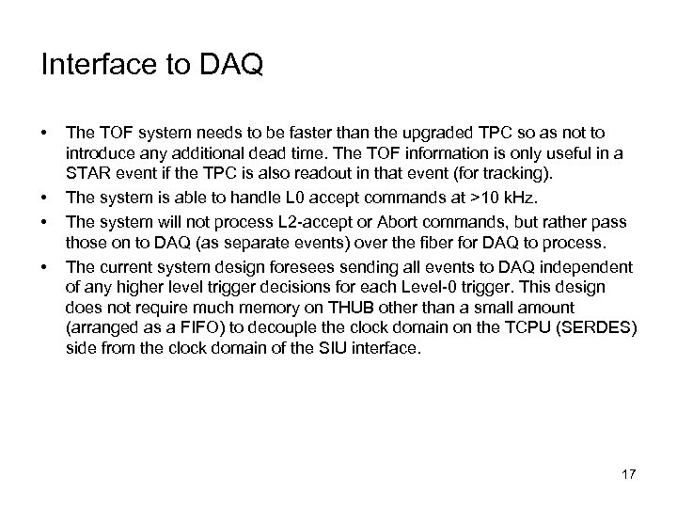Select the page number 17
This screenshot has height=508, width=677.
628,472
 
